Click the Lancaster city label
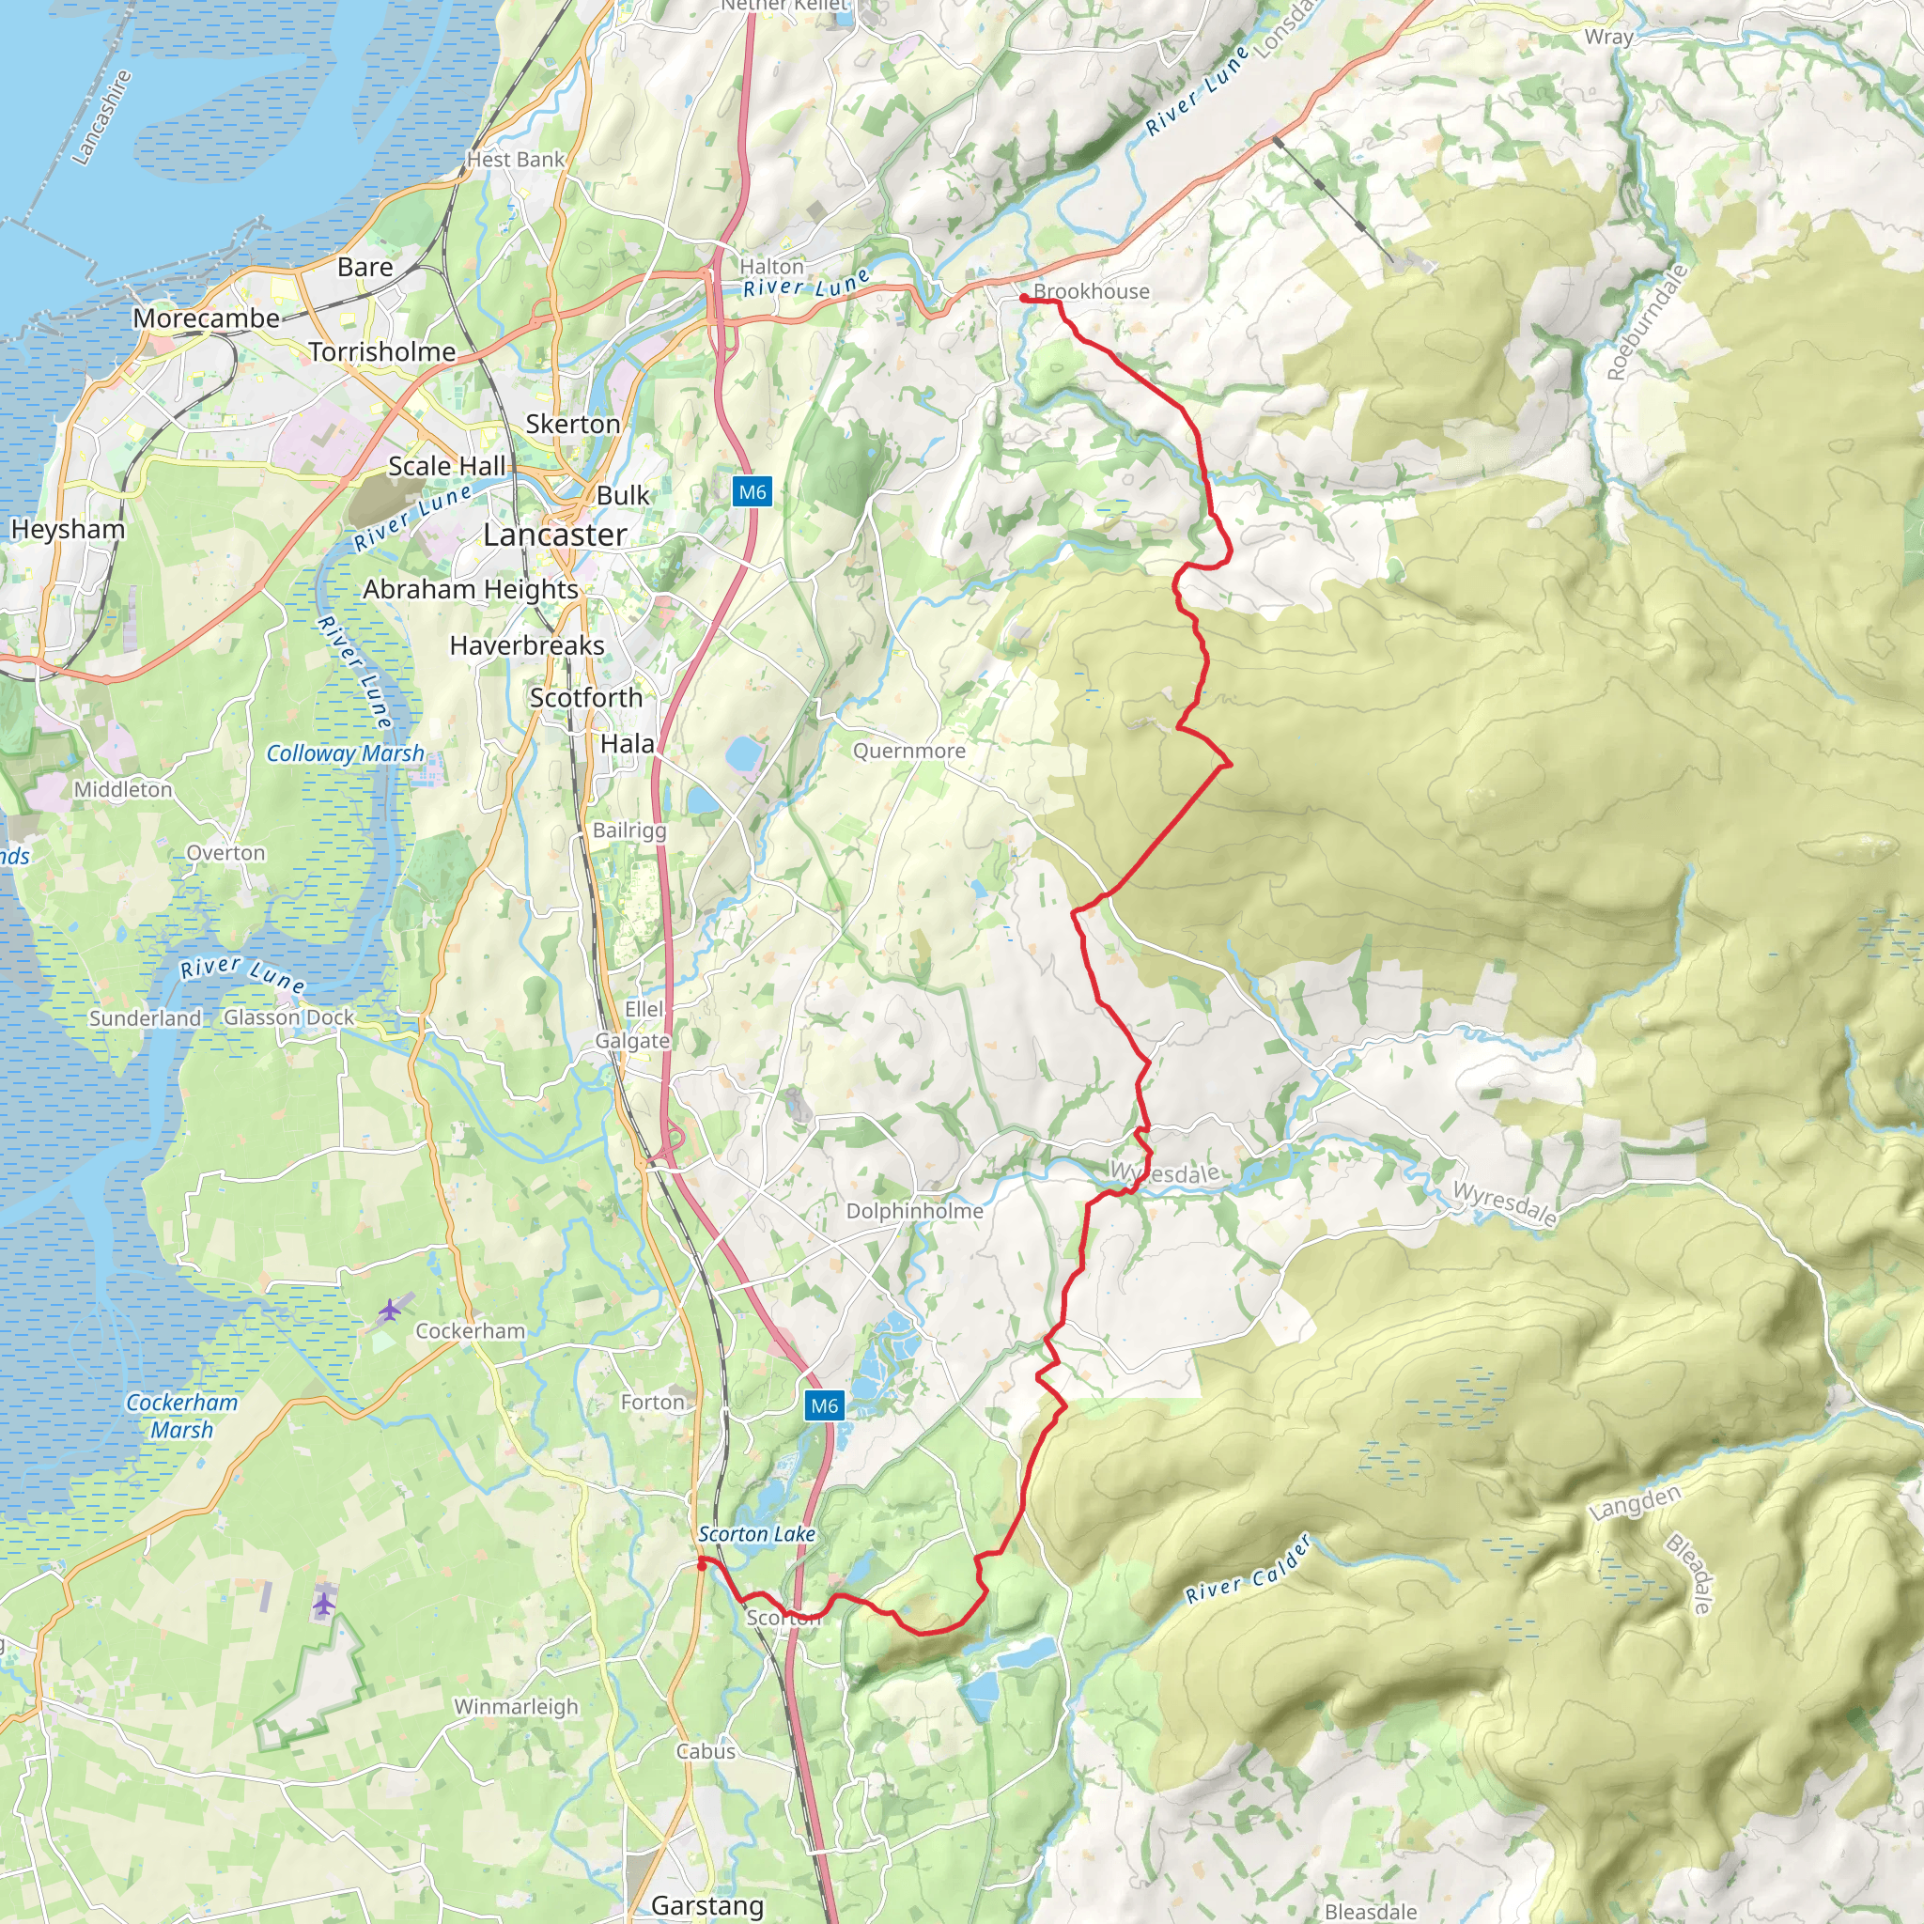tap(554, 535)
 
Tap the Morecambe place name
tap(206, 318)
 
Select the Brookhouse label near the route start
tap(1091, 292)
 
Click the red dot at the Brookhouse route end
tap(1024, 298)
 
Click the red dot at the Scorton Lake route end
tap(702, 1565)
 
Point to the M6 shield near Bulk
tap(752, 492)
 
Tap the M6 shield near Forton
tap(824, 1405)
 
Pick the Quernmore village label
tap(908, 751)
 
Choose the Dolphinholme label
tap(914, 1211)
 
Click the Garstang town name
tap(707, 1905)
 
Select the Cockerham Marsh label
tap(181, 1415)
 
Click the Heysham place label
tap(68, 529)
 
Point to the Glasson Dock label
tap(288, 1017)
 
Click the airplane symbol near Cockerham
tap(389, 1311)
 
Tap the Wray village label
tap(1608, 37)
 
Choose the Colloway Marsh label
tap(345, 753)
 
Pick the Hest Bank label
tap(515, 160)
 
